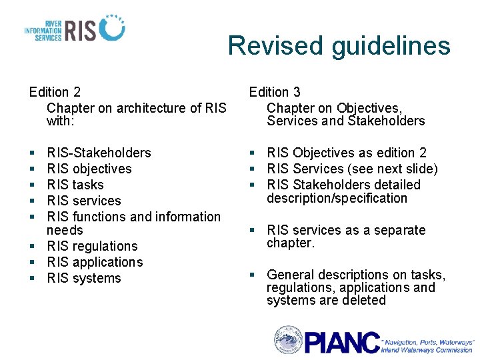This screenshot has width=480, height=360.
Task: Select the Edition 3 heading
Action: [x=275, y=92]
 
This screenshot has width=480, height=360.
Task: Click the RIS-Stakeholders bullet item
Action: [x=99, y=153]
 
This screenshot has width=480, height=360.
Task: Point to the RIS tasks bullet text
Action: [x=75, y=185]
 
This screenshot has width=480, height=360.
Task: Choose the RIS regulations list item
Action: [x=92, y=246]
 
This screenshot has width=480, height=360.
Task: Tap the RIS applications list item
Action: [x=95, y=262]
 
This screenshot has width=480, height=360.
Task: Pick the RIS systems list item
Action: [x=84, y=278]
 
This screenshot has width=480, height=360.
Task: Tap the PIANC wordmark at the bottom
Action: [x=343, y=341]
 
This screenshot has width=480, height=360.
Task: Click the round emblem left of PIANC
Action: [x=288, y=340]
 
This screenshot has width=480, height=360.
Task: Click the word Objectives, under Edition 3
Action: [x=369, y=108]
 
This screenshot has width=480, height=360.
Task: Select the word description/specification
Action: [x=337, y=198]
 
